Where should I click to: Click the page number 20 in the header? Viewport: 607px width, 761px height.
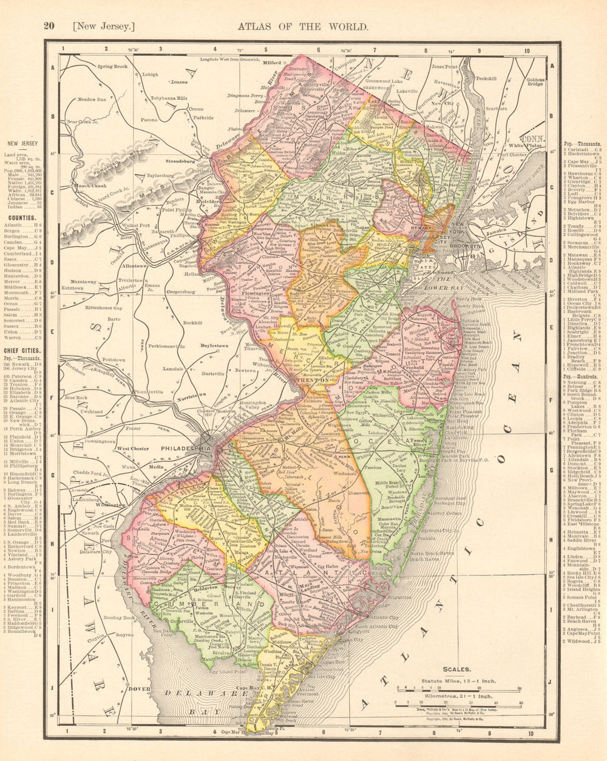[49, 26]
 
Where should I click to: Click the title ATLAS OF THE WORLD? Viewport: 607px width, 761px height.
[303, 26]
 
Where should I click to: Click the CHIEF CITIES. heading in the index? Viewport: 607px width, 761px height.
[22, 351]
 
